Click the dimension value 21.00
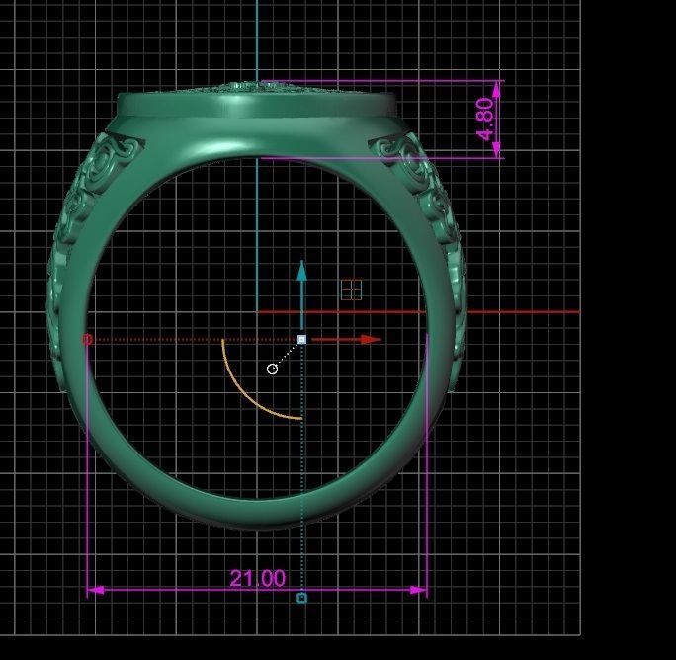pos(257,578)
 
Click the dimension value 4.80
pos(485,119)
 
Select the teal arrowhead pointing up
pos(302,271)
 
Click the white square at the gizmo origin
pos(302,339)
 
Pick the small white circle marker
pos(273,369)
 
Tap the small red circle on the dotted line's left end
pos(87,339)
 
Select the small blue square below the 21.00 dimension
pos(302,598)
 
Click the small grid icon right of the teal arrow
pos(351,289)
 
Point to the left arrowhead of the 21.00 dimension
pos(95,590)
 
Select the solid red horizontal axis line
pos(445,312)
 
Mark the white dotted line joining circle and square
pos(288,354)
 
